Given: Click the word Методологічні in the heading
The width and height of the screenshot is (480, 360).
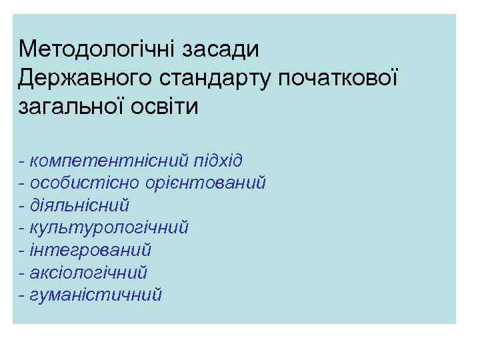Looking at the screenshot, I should [88, 49].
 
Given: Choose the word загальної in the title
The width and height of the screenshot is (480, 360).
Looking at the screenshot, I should [74, 107].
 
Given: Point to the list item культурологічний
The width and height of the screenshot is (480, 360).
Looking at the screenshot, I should [109, 227].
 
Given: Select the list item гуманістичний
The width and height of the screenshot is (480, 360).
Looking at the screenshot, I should [96, 294].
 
